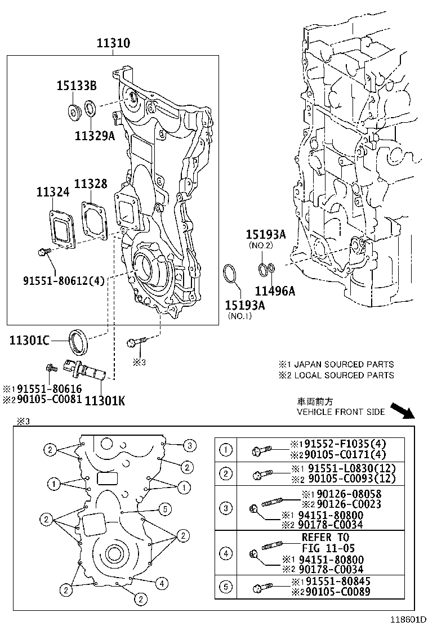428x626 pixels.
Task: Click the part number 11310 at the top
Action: [x=112, y=43]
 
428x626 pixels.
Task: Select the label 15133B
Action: [x=76, y=86]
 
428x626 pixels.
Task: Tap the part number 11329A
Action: [x=94, y=135]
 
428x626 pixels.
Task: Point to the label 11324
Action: [x=53, y=192]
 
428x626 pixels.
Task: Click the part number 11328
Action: [x=91, y=184]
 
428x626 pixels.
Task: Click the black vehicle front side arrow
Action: [x=403, y=410]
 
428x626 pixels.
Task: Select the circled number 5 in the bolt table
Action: [x=226, y=587]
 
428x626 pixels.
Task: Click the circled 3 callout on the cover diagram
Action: [x=190, y=445]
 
